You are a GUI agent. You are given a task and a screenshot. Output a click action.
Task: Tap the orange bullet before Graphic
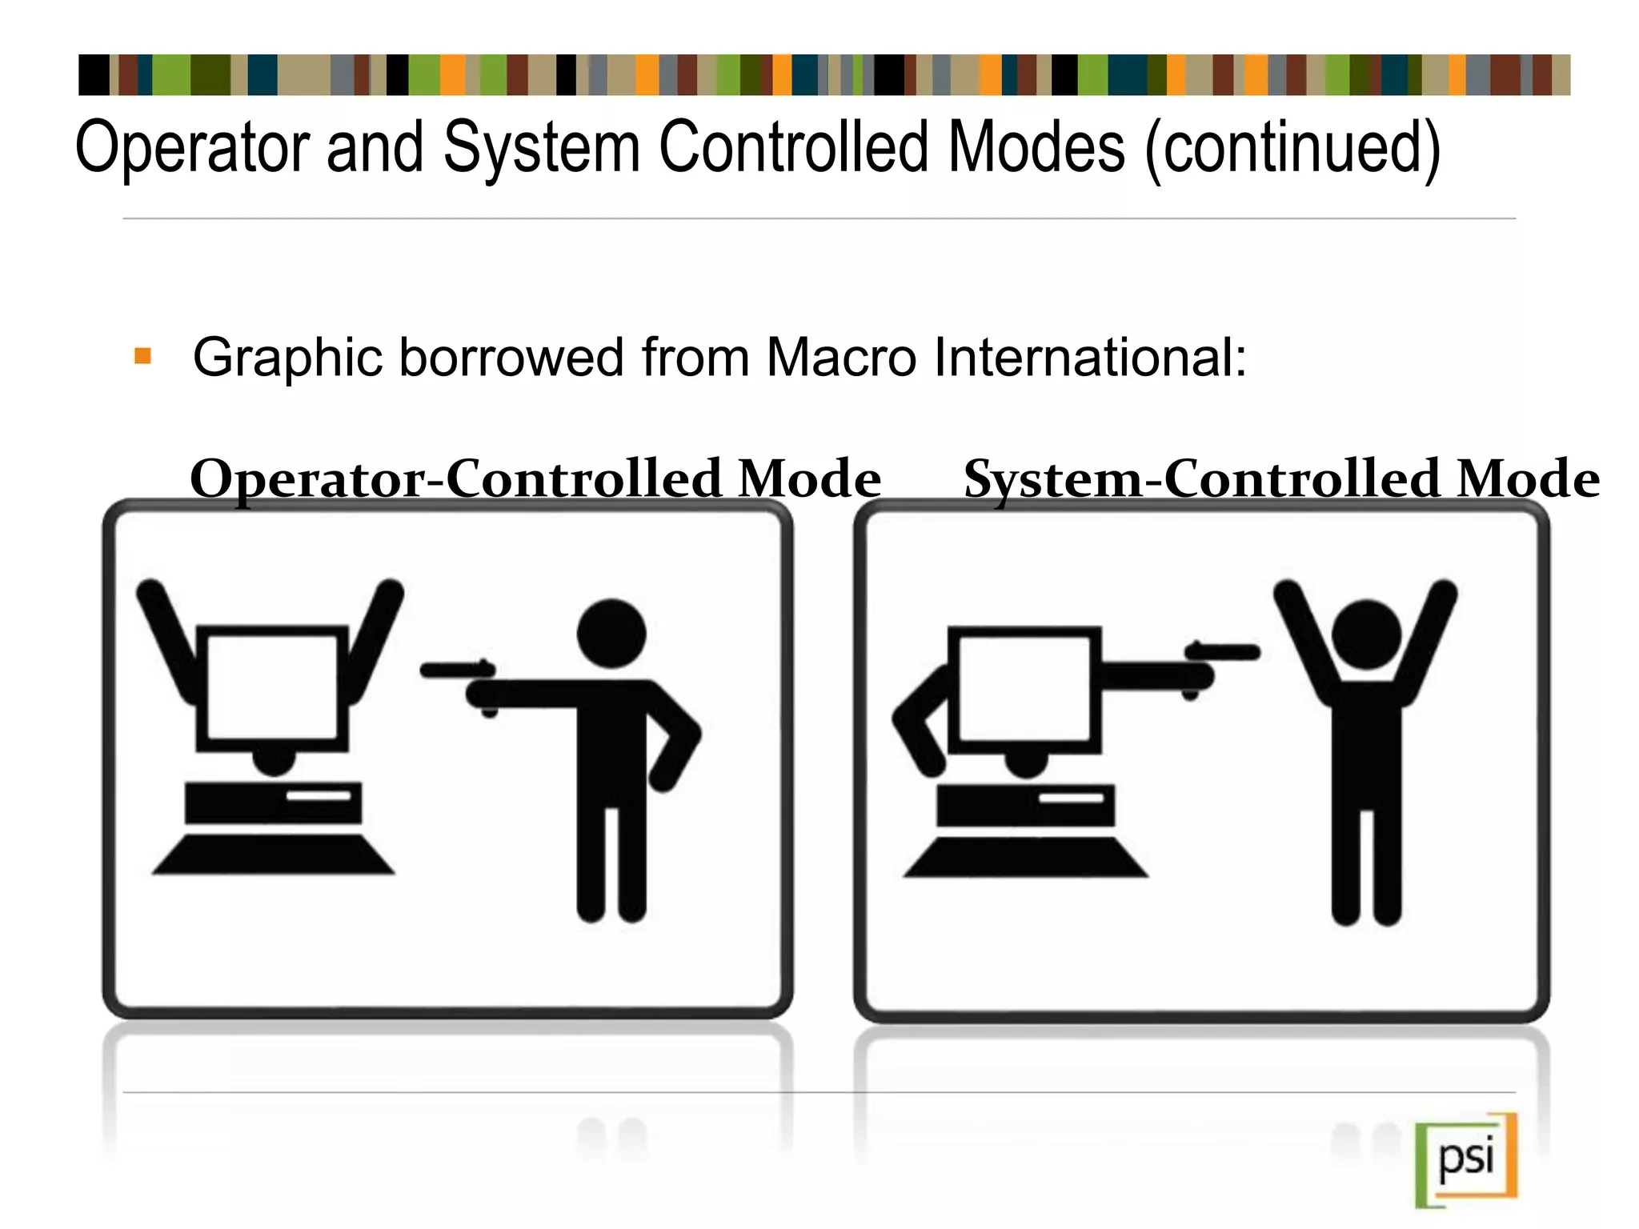click(143, 356)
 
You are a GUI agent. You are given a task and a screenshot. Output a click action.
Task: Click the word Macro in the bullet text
click(841, 357)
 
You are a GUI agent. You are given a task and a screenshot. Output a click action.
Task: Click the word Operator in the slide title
click(192, 149)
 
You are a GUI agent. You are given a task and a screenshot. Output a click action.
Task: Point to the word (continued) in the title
click(1292, 149)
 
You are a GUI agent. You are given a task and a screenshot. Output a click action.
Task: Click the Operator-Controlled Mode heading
click(535, 478)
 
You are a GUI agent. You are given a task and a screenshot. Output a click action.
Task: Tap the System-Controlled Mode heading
click(1281, 478)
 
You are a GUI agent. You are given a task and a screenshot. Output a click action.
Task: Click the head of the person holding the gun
click(611, 633)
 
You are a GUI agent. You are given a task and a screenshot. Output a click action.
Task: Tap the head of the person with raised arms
click(1366, 635)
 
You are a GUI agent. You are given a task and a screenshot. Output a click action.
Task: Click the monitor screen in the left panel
click(272, 686)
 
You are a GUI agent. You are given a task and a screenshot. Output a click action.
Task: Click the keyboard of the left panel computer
click(274, 855)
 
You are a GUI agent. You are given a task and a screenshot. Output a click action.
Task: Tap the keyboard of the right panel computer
click(1026, 857)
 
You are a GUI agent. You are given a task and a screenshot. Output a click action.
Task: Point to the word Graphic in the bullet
click(288, 358)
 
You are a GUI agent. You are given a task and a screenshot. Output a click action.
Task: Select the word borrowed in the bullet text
click(511, 357)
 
